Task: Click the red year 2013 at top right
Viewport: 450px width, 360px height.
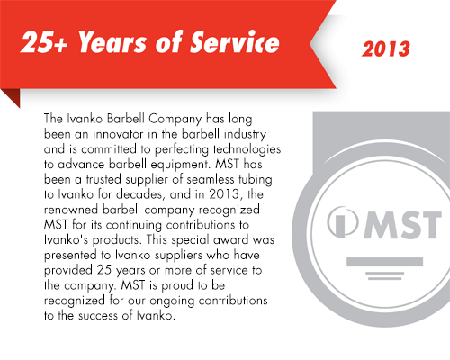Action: coord(386,49)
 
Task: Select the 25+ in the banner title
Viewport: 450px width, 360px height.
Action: coord(44,42)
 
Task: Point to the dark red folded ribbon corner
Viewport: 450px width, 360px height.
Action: coord(12,96)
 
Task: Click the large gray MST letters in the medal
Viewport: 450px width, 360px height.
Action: coord(403,225)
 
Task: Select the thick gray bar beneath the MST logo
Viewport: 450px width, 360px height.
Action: coord(385,262)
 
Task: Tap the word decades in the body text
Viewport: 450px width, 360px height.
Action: coord(140,194)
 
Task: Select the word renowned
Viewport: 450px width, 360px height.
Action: coord(71,210)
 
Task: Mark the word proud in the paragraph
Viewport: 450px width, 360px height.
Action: coord(177,285)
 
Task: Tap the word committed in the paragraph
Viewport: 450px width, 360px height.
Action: coord(109,149)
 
